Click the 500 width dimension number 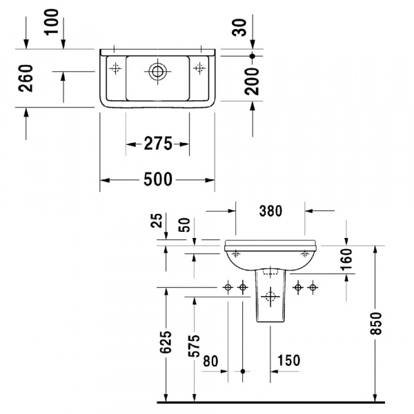click(x=157, y=180)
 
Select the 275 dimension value click(x=157, y=144)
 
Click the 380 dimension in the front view click(x=270, y=212)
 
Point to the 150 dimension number click(x=288, y=360)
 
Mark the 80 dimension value click(x=210, y=360)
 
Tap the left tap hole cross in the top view click(x=115, y=68)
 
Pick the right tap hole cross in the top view click(x=200, y=68)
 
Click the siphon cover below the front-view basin click(x=270, y=297)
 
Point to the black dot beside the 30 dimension click(x=253, y=55)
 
